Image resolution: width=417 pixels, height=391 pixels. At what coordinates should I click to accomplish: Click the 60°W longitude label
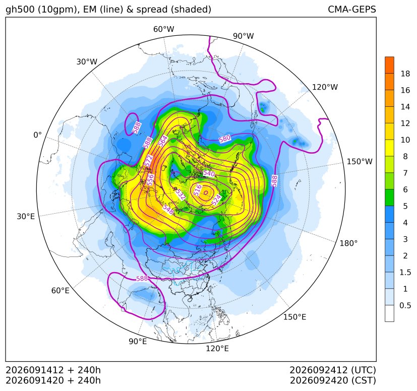pos(163,29)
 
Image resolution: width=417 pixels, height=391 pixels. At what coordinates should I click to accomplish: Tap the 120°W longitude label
pos(325,87)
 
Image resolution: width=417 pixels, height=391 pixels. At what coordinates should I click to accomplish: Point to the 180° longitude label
pos(348,243)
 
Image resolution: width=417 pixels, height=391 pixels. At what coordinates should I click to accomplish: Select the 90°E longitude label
pos(138,342)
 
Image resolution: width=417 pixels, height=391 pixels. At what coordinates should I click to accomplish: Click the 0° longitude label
pos(37,135)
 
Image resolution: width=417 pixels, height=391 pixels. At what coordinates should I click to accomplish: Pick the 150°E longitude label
pos(294,317)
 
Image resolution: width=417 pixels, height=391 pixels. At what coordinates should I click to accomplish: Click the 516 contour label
pos(197,190)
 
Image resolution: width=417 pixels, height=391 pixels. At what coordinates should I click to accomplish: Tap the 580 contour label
pos(225,139)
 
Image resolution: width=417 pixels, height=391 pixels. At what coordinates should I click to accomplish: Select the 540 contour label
pos(209,174)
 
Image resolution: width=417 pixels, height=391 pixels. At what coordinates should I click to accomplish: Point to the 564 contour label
pos(163,141)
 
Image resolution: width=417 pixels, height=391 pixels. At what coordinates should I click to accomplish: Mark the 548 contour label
pos(168,210)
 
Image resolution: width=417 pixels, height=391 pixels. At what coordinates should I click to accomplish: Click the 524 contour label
pos(216,200)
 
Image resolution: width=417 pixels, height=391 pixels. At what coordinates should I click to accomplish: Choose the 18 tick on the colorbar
pos(405,74)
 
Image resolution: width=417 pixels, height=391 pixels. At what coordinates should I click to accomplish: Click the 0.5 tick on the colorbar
pos(405,305)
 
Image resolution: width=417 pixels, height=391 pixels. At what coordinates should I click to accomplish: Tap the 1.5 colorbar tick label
pos(405,272)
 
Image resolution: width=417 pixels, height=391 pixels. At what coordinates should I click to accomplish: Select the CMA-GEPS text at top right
pos(352,9)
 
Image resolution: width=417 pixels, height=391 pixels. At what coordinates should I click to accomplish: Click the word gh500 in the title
pos(20,10)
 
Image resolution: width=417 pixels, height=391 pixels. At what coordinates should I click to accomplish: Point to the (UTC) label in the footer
pos(363,370)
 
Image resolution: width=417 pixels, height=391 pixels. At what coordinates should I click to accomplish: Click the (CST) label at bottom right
pos(364,380)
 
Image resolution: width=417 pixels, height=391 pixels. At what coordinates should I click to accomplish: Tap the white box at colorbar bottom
pos(389,313)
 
